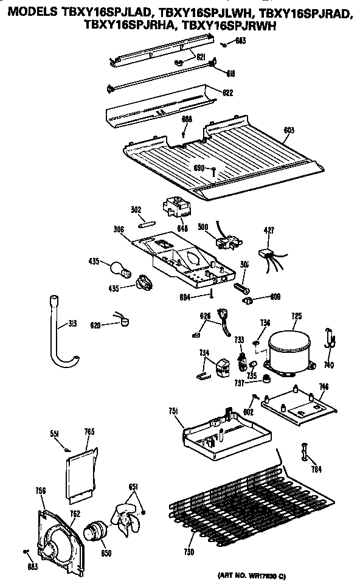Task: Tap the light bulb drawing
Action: (120, 268)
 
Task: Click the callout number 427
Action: (269, 230)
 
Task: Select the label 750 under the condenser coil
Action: (189, 552)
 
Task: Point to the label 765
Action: (89, 432)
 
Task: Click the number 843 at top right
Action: (241, 41)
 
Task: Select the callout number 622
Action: (228, 93)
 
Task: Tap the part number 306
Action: (119, 230)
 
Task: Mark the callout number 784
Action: (316, 468)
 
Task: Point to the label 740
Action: (329, 365)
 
